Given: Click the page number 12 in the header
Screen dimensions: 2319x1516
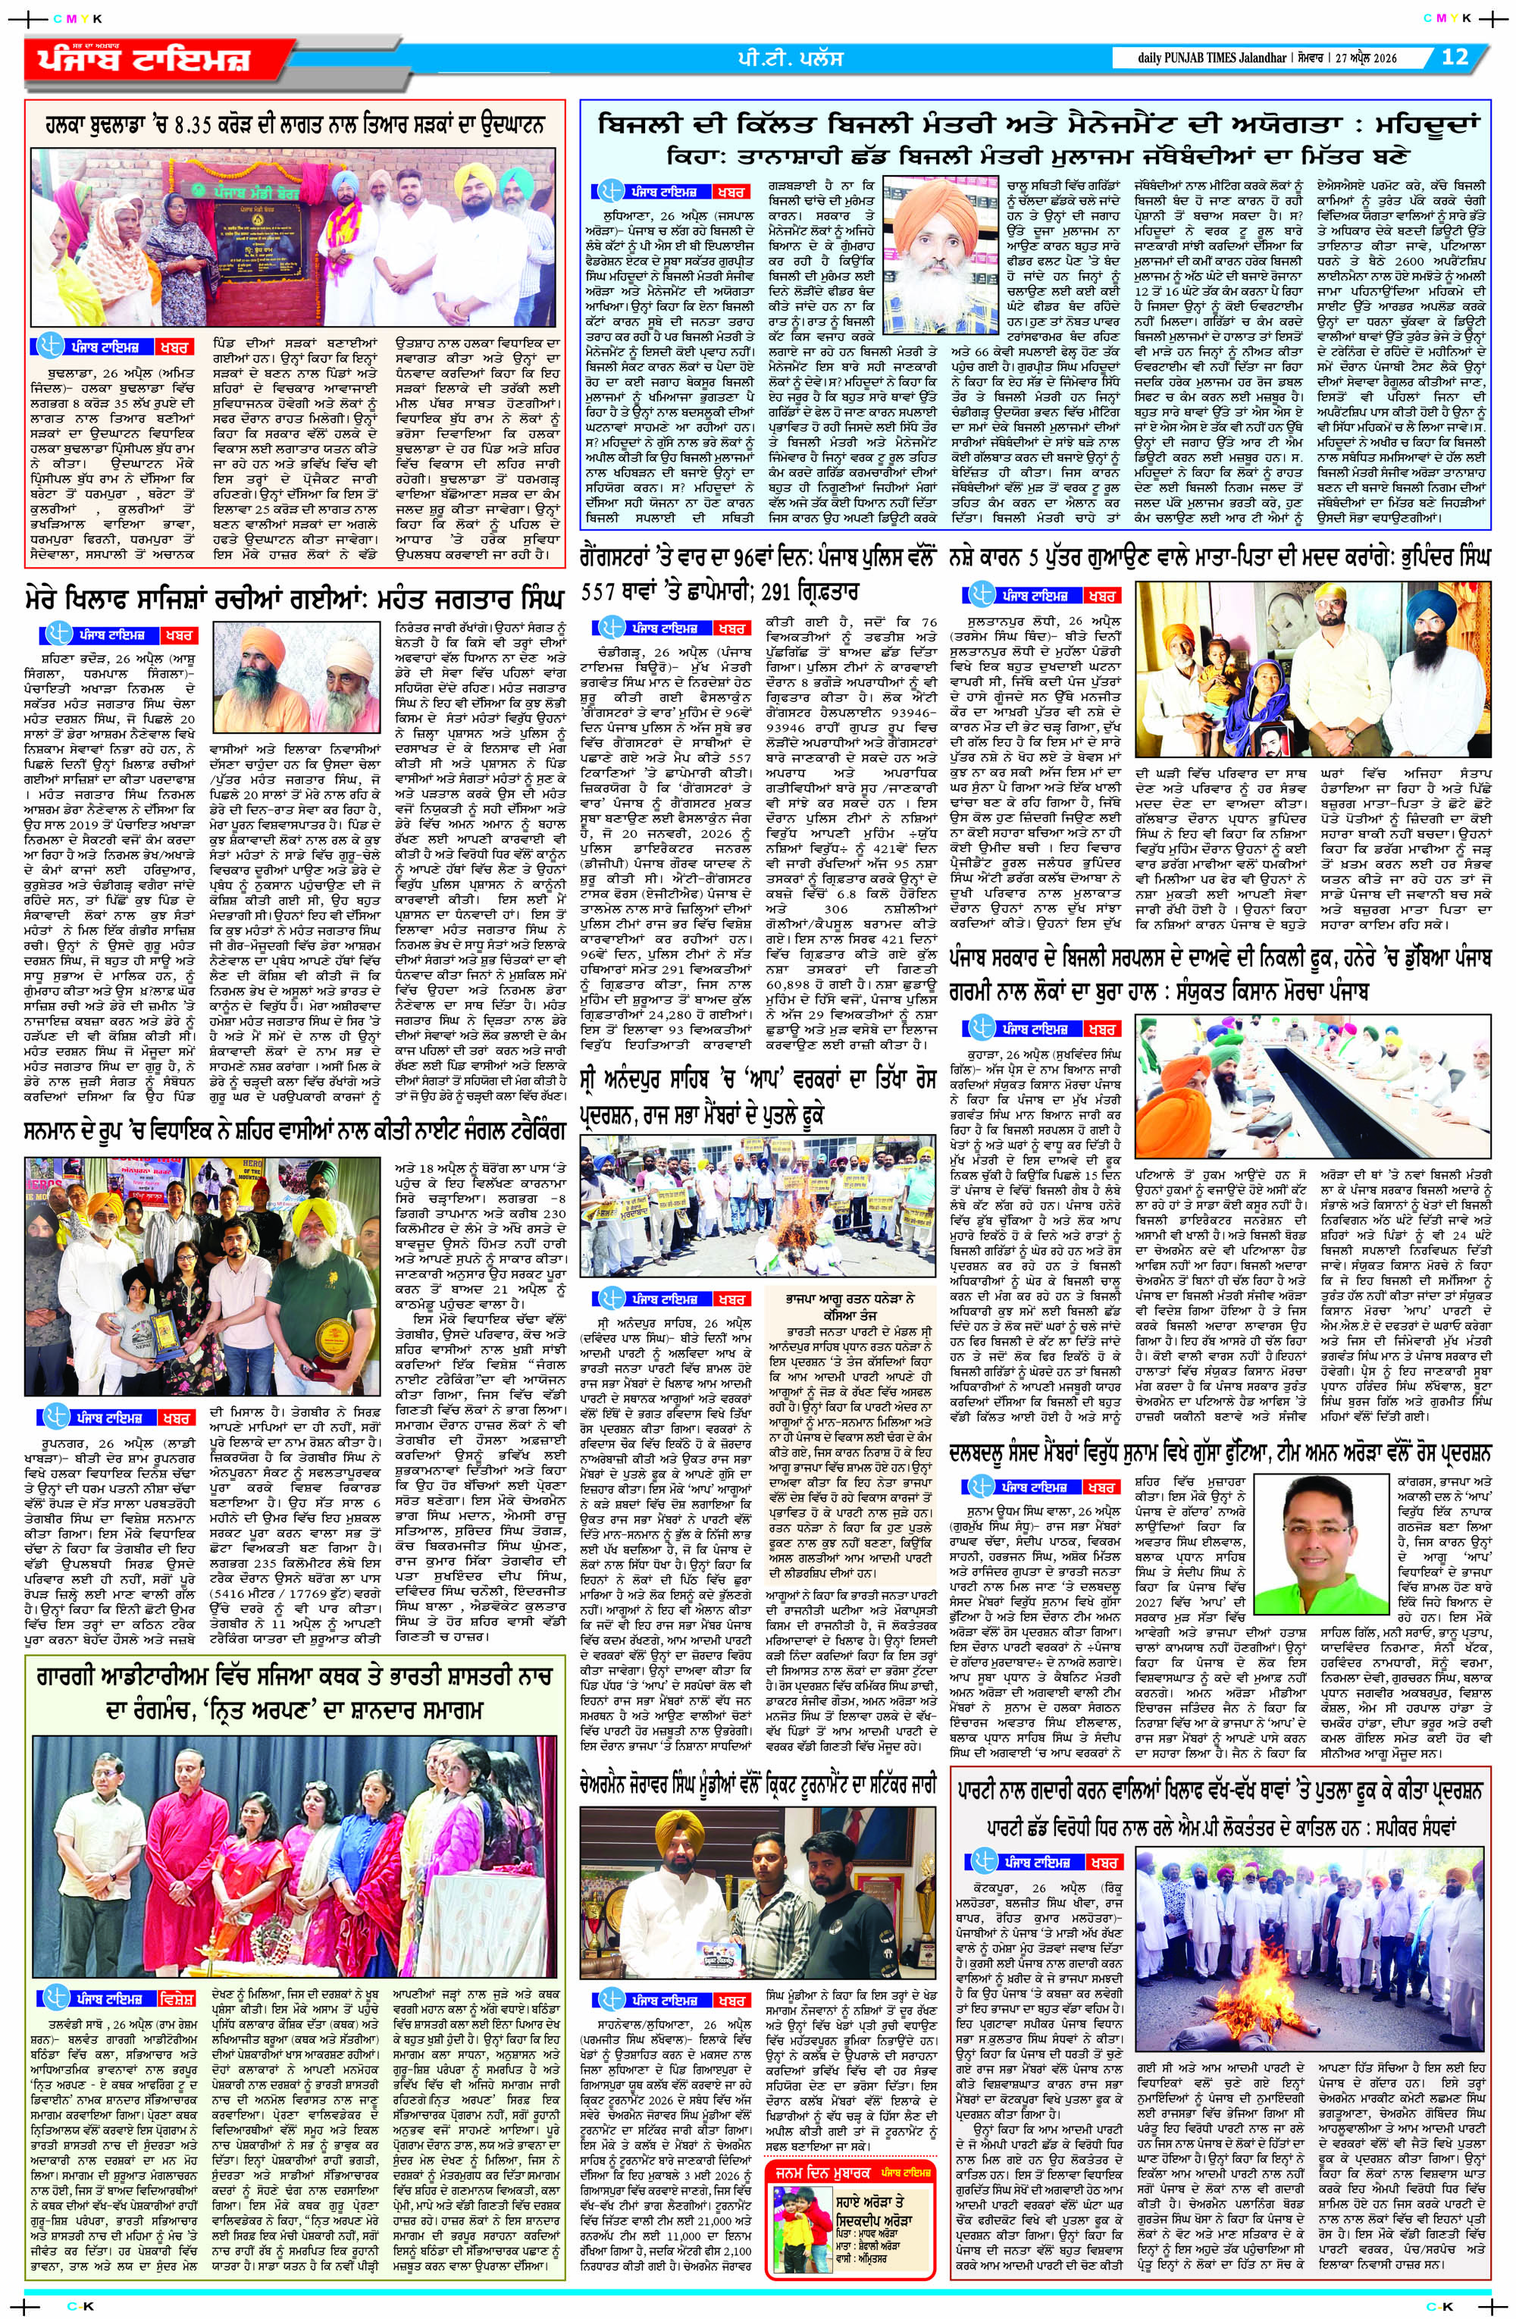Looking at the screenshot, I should [x=1454, y=58].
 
